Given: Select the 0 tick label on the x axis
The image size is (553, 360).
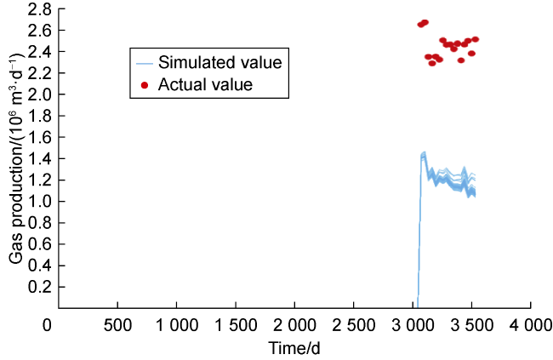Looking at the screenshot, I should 48,325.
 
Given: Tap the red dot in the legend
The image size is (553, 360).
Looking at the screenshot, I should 145,84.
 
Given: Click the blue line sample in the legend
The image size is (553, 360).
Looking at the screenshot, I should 145,62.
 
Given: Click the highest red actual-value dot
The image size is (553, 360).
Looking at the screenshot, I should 425,22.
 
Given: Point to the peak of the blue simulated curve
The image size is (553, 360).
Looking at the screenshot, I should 424,153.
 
